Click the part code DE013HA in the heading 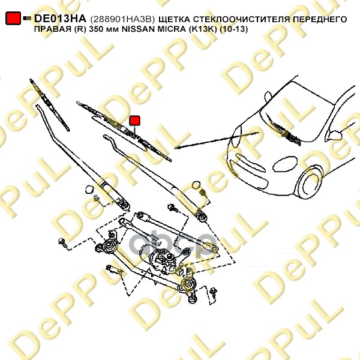pos(60,19)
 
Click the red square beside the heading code pos(13,18)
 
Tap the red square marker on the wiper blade pos(134,121)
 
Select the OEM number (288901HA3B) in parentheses pos(122,19)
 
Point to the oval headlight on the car pos(284,164)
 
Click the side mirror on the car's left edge pos(268,97)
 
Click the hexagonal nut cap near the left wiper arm pos(89,190)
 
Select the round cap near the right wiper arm pos(196,185)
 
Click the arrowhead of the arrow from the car pos(177,148)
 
